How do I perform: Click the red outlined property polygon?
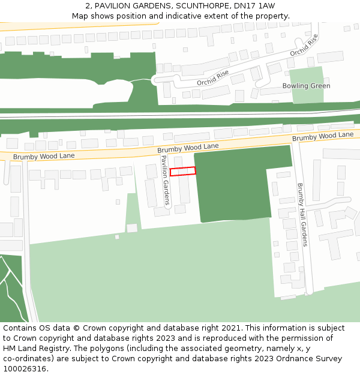(x=183, y=172)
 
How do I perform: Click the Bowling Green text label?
(x=306, y=86)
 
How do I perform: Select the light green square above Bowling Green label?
(x=307, y=75)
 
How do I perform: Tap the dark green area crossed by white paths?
(x=11, y=288)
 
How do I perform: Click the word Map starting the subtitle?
(x=80, y=16)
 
